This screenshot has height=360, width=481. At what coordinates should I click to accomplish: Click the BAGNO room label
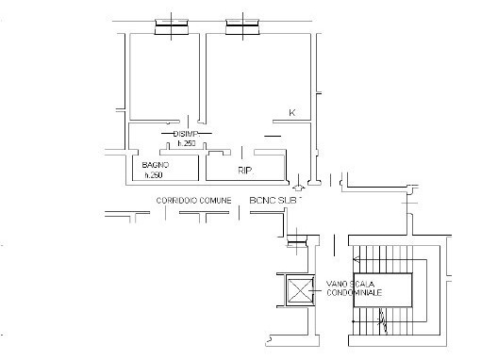156,166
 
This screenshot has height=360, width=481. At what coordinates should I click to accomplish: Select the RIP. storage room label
244,171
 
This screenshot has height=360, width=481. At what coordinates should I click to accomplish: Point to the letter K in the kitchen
291,114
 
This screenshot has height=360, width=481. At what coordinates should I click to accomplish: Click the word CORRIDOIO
176,202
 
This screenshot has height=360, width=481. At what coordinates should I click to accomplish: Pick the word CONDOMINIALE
355,293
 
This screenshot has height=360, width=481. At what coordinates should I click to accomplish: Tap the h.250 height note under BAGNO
154,175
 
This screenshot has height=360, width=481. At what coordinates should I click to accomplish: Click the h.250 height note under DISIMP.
186,143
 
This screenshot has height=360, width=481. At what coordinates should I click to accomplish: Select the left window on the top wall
171,25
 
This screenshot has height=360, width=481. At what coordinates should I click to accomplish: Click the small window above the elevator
298,243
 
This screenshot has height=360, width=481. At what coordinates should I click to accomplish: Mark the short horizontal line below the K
274,138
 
